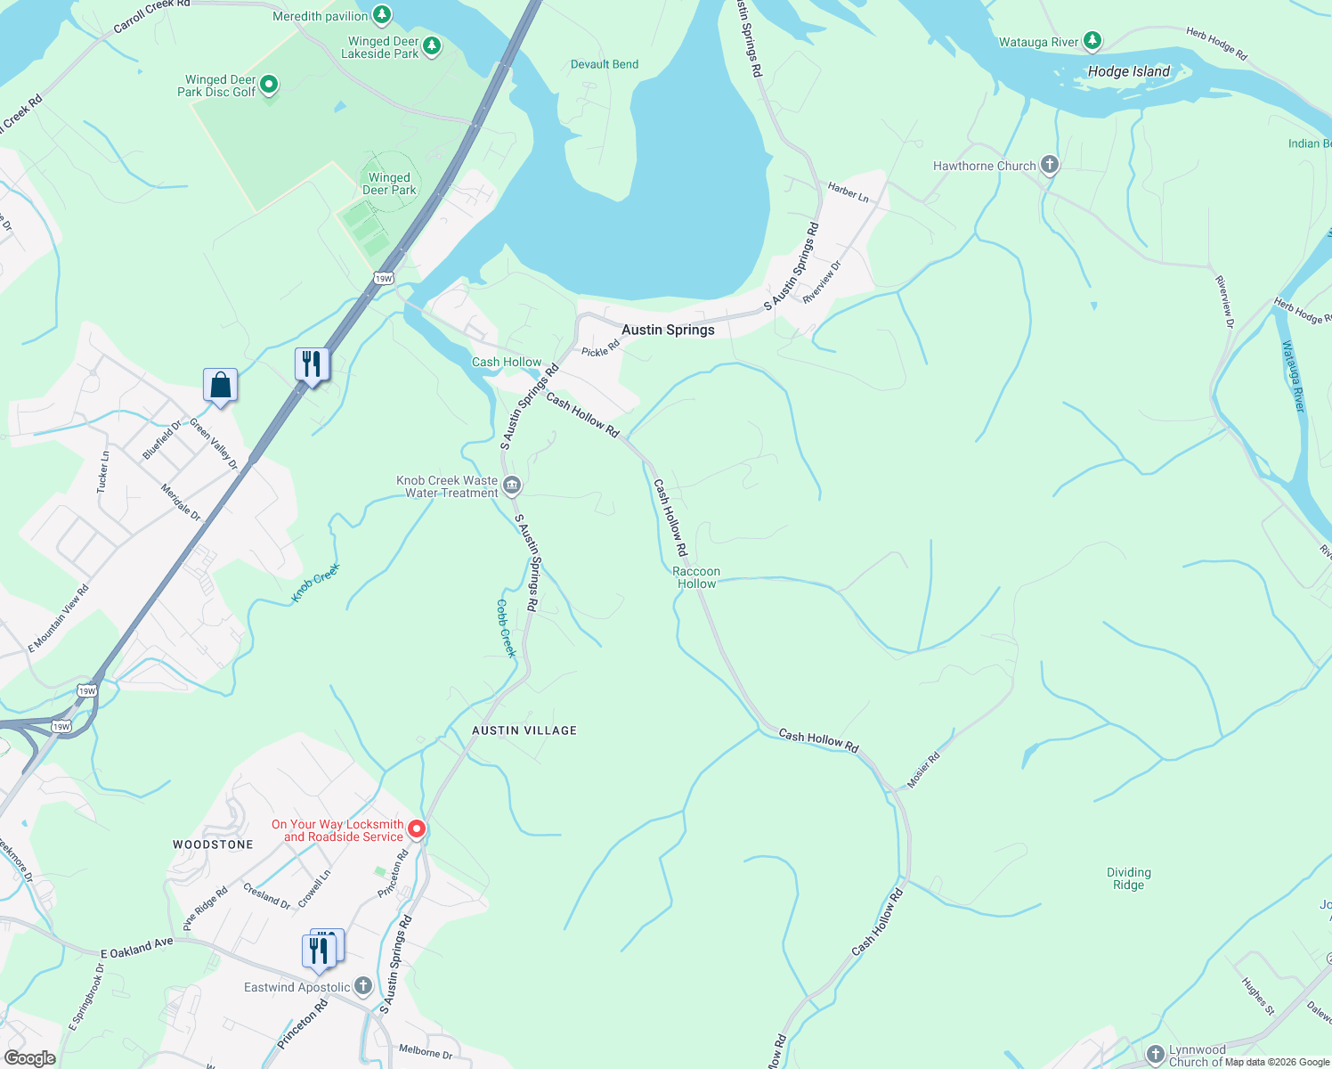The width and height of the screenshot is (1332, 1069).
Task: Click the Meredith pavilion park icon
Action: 382,14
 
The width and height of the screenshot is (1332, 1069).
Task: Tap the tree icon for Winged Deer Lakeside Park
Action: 432,45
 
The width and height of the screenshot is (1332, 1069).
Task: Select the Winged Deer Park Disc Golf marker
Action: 269,86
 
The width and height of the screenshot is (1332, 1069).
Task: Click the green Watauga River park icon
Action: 1092,41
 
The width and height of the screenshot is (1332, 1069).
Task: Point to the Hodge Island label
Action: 1128,71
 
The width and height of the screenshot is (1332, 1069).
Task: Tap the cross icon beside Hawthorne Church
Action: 1050,165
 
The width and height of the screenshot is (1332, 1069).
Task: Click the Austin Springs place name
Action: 668,330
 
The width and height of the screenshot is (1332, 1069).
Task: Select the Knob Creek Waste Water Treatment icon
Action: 512,486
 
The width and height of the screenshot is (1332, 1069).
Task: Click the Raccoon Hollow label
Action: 696,577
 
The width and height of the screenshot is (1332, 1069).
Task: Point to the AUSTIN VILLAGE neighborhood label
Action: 524,730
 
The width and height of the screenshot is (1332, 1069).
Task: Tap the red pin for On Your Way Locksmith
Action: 416,829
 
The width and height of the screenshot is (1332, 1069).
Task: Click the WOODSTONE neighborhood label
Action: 213,845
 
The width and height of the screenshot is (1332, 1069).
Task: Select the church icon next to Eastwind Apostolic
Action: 363,986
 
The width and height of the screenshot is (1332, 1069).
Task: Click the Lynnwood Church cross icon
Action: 1155,1055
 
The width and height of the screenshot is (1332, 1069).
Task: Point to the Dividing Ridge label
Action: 1128,878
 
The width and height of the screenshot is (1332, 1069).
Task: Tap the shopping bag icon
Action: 220,386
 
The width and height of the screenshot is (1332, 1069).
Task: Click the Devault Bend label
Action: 605,64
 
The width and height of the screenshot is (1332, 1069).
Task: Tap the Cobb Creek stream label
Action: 506,628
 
